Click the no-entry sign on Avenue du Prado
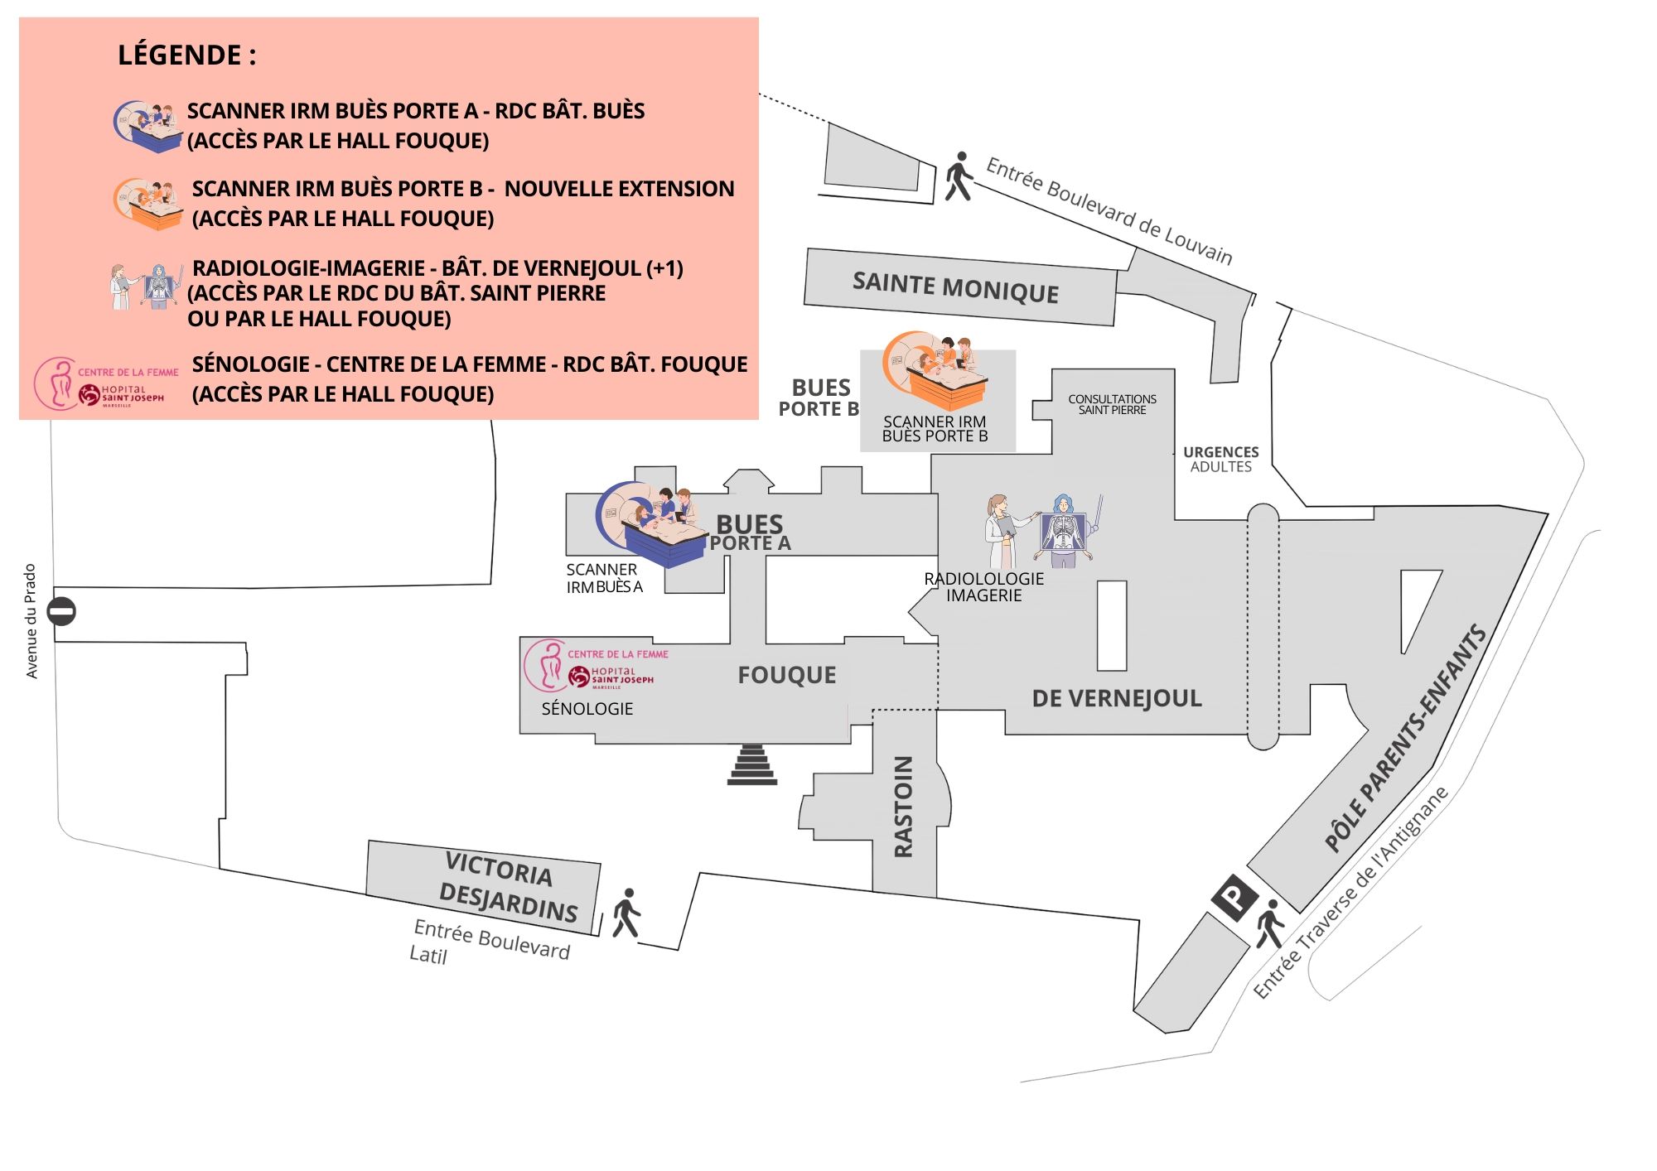tap(61, 612)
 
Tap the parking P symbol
tap(1234, 898)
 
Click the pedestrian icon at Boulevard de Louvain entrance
tap(959, 176)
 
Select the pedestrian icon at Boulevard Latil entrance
tap(626, 913)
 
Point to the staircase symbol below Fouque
tap(752, 764)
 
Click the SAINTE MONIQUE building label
tap(955, 287)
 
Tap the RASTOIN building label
tap(903, 806)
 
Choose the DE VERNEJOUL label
tap(1116, 698)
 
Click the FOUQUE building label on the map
tap(786, 675)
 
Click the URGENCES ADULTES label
tap(1220, 459)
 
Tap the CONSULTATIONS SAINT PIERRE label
tap(1112, 404)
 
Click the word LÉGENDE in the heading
tap(179, 55)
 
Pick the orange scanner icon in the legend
tap(147, 204)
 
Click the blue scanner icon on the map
tap(651, 524)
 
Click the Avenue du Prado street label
tap(31, 621)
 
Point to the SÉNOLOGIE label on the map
tap(587, 709)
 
